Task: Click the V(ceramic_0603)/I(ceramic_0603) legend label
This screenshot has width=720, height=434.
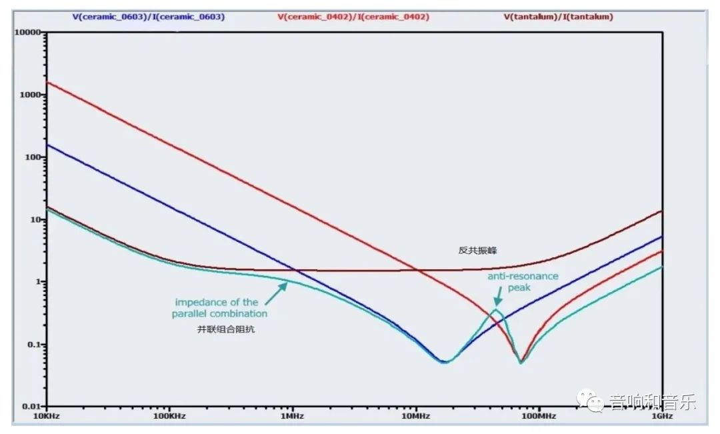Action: point(148,17)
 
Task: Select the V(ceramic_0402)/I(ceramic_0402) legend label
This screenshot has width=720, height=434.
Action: point(353,17)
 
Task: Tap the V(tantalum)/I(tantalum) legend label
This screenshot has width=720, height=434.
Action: point(558,17)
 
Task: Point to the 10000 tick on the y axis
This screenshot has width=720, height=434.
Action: point(28,32)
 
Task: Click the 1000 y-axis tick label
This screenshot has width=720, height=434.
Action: point(31,95)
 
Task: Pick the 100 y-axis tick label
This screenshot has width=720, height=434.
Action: point(33,157)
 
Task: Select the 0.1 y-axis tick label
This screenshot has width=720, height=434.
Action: point(33,345)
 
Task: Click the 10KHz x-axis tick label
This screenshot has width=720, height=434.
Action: point(47,416)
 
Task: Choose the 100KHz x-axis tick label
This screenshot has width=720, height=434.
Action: point(169,416)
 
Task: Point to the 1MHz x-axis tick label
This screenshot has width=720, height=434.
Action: point(293,416)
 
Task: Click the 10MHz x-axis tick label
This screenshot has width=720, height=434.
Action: point(415,416)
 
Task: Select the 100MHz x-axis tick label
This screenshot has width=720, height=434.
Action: point(539,416)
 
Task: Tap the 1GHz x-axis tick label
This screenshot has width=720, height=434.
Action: point(662,416)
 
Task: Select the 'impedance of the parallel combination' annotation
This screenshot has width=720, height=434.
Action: point(219,308)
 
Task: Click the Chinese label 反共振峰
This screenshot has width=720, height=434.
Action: point(477,250)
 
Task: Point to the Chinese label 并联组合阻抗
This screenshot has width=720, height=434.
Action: point(225,329)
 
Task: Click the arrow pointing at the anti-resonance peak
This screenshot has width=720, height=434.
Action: point(498,296)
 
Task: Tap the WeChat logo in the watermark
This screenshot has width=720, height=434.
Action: point(590,401)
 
